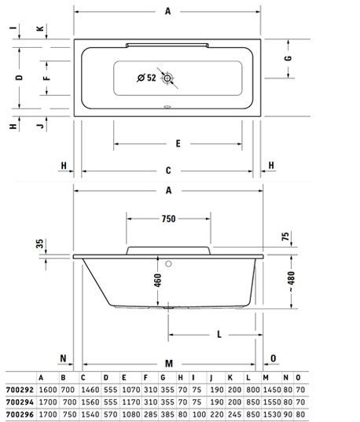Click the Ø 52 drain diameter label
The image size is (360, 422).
[146, 78]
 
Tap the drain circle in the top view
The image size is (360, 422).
[167, 78]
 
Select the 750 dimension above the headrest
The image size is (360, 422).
[168, 218]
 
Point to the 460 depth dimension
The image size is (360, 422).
[158, 281]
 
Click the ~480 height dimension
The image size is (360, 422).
[292, 281]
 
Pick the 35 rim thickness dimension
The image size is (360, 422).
[39, 244]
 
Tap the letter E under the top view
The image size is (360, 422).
[178, 144]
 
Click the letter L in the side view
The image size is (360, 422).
[219, 335]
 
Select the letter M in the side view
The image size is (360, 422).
[169, 364]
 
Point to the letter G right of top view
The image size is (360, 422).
[288, 58]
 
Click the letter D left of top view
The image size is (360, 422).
[19, 78]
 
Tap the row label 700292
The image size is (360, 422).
[20, 390]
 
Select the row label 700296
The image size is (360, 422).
[20, 414]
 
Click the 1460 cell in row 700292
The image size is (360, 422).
[90, 390]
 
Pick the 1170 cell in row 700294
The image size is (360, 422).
[131, 402]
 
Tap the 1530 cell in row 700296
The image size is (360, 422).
[272, 414]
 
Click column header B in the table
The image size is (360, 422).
[63, 377]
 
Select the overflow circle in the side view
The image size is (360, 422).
[168, 264]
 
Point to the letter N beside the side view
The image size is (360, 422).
[63, 358]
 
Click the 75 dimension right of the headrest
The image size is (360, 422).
[285, 237]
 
